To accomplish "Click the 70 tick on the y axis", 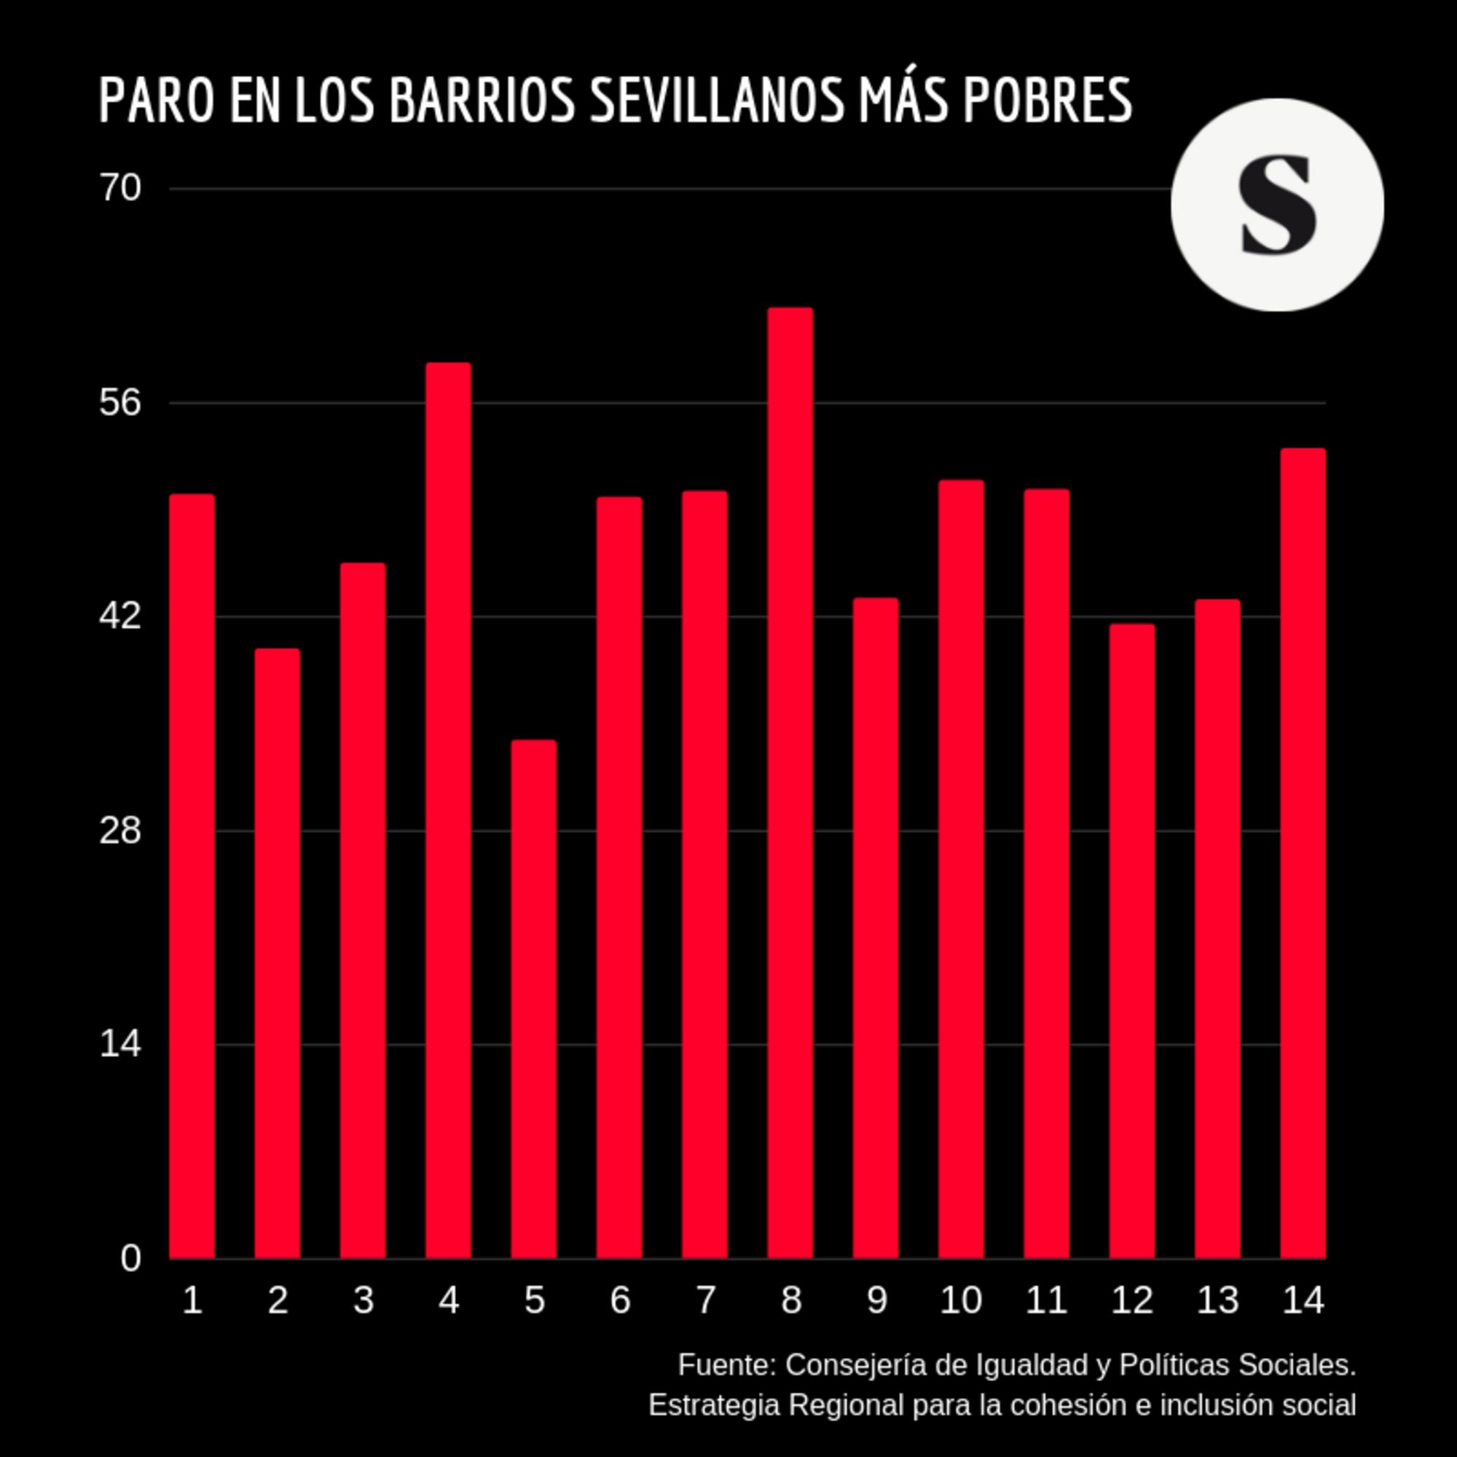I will (x=120, y=188).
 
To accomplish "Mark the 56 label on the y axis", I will (x=120, y=402).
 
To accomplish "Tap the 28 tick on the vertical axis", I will (x=120, y=830).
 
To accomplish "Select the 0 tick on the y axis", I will (x=130, y=1259).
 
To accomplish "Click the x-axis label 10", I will (x=961, y=1300).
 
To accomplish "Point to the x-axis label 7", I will (x=705, y=1300).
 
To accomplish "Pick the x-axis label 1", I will (x=192, y=1300).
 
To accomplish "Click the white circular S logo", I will (x=1277, y=205).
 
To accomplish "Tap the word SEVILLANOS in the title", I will (x=716, y=101).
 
